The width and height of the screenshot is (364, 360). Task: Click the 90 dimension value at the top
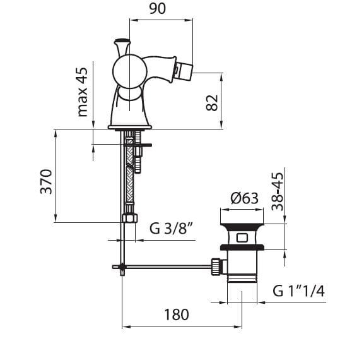tap(157, 9)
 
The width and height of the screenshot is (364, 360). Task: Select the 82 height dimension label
tap(212, 103)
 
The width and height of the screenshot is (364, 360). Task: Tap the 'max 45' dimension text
tap(82, 92)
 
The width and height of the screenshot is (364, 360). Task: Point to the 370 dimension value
tap(46, 182)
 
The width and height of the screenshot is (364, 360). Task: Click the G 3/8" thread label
tap(172, 228)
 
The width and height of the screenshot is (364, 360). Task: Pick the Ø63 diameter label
tap(244, 199)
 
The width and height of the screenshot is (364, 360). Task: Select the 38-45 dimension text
tap(278, 191)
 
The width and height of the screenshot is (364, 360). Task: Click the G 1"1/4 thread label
tap(298, 291)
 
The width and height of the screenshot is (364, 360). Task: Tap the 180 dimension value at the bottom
tap(177, 315)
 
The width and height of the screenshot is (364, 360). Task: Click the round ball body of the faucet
tap(130, 71)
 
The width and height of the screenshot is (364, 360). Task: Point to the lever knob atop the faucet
tap(122, 47)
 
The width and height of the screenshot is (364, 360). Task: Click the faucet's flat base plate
tap(130, 128)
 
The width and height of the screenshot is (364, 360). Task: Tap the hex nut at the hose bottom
tap(130, 219)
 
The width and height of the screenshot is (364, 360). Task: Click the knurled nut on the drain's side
tap(216, 267)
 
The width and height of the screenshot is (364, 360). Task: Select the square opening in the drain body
tap(242, 238)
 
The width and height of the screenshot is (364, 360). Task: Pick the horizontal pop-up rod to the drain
tap(162, 267)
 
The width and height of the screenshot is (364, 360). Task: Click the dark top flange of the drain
tap(242, 227)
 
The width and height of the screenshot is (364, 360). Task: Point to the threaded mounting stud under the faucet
tap(138, 152)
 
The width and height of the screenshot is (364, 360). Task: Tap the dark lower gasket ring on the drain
tap(242, 247)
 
